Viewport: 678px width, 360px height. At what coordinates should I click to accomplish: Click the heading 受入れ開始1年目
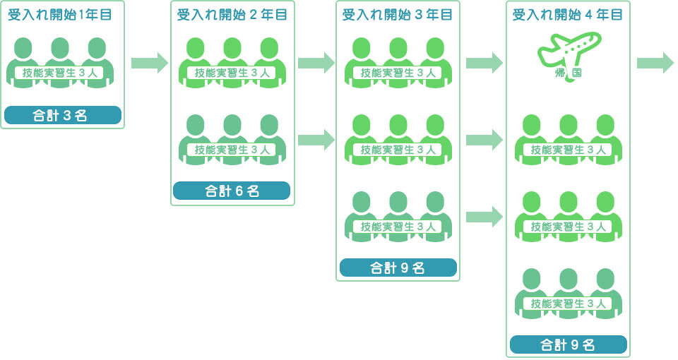click(60, 15)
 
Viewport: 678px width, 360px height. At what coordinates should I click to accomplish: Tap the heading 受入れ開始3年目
click(398, 15)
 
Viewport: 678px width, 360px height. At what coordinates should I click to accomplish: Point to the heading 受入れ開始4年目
click(568, 15)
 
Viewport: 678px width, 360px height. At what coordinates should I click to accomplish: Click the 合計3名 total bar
click(62, 115)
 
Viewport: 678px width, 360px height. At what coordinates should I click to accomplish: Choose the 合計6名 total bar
click(232, 191)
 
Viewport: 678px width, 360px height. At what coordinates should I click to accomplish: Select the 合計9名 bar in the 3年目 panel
click(398, 268)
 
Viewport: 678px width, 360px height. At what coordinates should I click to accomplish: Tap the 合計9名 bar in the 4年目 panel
click(568, 344)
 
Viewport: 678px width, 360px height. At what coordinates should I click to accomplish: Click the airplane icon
click(569, 49)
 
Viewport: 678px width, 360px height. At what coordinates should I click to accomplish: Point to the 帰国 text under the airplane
click(569, 73)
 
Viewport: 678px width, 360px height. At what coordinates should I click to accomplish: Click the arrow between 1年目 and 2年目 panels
click(150, 62)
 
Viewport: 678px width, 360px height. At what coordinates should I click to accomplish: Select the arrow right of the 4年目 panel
click(655, 62)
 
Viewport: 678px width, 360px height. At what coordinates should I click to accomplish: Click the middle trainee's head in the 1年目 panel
click(60, 48)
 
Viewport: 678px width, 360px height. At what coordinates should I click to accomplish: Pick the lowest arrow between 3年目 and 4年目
click(484, 216)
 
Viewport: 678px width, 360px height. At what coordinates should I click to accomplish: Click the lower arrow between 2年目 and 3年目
click(316, 139)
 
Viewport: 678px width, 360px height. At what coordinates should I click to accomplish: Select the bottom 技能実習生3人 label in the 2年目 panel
click(232, 150)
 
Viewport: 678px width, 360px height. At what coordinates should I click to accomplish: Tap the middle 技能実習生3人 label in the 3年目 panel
click(398, 150)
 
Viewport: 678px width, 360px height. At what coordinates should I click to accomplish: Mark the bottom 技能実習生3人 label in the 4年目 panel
click(568, 304)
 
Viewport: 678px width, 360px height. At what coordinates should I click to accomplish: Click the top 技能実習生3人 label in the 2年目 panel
click(232, 73)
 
